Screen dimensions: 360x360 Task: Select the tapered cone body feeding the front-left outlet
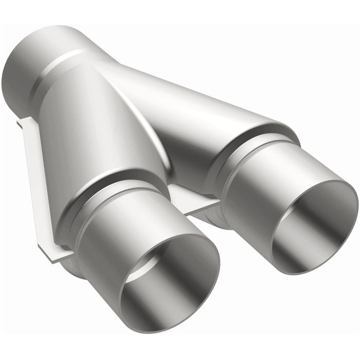(x=98, y=129)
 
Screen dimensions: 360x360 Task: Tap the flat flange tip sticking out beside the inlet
(x=21, y=123)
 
